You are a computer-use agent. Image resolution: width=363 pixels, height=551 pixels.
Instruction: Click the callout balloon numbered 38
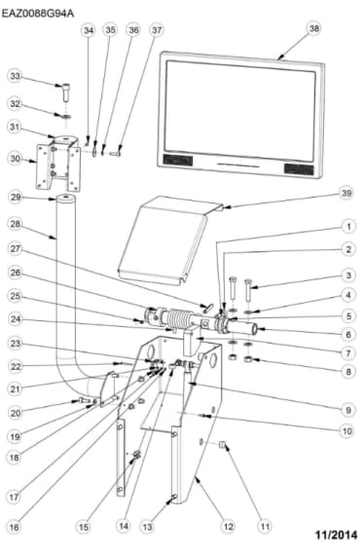point(313,29)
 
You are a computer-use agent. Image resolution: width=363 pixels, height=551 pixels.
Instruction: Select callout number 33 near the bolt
point(15,76)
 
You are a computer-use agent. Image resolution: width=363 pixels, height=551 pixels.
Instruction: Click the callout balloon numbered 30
point(15,158)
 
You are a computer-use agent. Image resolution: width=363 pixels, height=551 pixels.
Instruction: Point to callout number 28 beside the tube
point(15,224)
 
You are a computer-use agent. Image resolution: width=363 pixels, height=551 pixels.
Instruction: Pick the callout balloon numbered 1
point(346,226)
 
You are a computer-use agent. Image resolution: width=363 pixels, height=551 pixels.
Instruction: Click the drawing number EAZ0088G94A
point(38,8)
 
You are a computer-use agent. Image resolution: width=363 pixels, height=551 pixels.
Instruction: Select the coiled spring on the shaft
point(184,319)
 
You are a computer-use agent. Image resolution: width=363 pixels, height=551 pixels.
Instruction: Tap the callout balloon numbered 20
point(15,411)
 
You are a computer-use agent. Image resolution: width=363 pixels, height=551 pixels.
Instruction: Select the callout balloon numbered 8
point(346,371)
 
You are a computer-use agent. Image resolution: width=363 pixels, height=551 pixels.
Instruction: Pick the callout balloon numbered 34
point(89,30)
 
